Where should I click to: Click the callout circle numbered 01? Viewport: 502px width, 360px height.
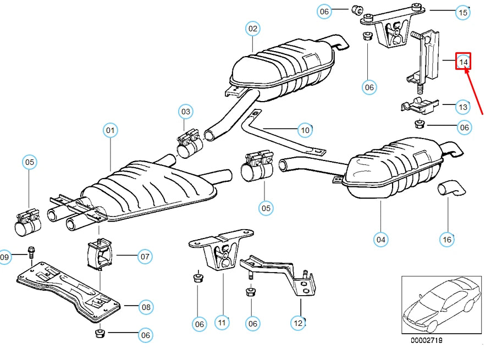pos(111,130)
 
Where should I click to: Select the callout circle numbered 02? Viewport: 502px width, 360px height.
pos(252,29)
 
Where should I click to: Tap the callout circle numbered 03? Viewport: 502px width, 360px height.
pos(186,112)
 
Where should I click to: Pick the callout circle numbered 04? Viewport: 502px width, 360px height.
pos(381,239)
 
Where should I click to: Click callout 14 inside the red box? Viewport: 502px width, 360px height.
pos(464,62)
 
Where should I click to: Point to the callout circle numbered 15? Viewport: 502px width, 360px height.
pos(463,12)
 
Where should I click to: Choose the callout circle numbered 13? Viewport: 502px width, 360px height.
pos(463,107)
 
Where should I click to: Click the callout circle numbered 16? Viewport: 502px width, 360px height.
pos(447,239)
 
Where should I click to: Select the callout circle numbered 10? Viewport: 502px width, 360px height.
pos(305,130)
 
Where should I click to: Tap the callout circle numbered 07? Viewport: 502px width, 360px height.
pos(145,256)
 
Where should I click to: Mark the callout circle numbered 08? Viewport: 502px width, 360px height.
pos(146,307)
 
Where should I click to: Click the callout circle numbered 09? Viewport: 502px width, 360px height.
pos(4,257)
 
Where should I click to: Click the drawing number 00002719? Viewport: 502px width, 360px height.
pos(426,341)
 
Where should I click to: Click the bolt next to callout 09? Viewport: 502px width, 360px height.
pos(31,253)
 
